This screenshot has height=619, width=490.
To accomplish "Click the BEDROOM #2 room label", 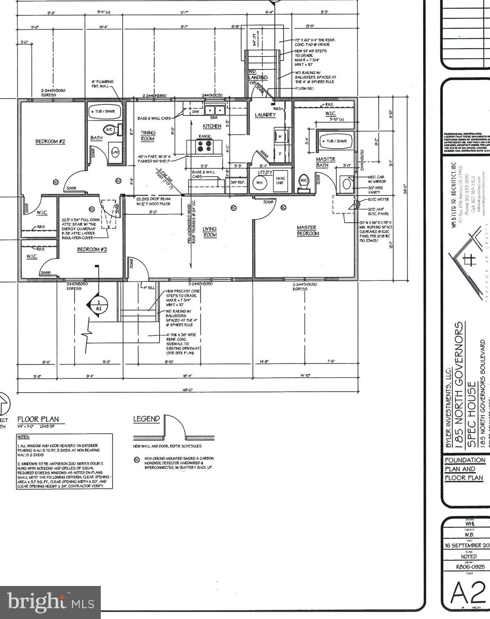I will click(50, 141).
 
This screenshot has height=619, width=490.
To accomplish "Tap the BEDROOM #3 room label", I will click(92, 249).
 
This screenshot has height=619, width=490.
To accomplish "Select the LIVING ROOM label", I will click(210, 232).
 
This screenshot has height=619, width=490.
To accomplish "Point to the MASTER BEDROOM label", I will click(307, 231).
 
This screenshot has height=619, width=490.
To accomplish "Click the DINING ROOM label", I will click(148, 135).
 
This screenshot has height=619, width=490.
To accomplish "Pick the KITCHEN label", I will click(212, 126).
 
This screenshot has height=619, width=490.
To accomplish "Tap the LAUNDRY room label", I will click(265, 115).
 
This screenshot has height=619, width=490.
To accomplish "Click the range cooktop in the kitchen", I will click(204, 145).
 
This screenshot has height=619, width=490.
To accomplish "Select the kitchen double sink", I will click(214, 110).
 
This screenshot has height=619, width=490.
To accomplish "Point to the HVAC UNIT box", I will click(280, 181).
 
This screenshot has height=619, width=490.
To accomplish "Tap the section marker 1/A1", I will click(98, 305).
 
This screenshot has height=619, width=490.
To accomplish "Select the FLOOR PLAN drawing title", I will click(38, 420).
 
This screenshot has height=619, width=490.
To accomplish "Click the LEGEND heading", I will click(146, 419).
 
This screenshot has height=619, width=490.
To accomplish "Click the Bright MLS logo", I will click(50, 602).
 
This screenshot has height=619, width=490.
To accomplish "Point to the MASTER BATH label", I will click(325, 162).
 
